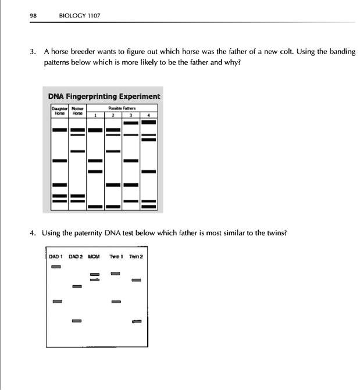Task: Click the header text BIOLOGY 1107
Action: click(x=80, y=16)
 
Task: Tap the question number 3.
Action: click(x=33, y=52)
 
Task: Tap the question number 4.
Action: click(x=33, y=233)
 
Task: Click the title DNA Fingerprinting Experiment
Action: click(x=105, y=96)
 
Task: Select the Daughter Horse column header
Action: click(x=60, y=111)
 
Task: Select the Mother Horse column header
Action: click(x=77, y=111)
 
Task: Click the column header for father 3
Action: click(x=131, y=115)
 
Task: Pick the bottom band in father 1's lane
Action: click(x=95, y=207)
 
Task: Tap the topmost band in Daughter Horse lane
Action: click(x=60, y=129)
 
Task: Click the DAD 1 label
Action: click(x=56, y=256)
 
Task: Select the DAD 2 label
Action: click(x=76, y=256)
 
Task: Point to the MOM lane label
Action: click(x=94, y=256)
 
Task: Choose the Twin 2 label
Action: click(x=136, y=256)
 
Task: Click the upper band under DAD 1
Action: click(x=56, y=267)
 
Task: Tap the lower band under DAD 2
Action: click(x=77, y=321)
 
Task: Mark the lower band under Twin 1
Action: click(x=116, y=302)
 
